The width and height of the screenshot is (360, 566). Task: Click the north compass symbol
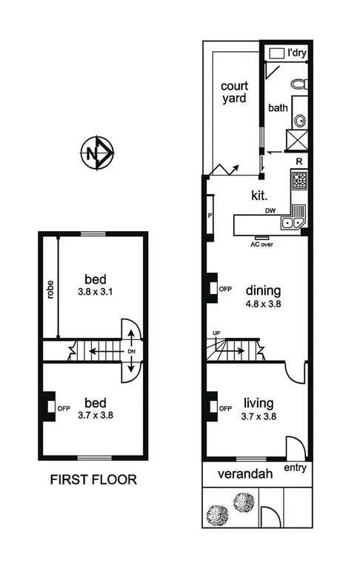[95, 154]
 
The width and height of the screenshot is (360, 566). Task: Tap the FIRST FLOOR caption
[93, 479]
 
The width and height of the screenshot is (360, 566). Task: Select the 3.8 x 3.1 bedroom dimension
[96, 291]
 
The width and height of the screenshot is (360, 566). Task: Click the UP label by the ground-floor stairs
[216, 333]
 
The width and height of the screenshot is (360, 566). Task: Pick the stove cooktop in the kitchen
[299, 181]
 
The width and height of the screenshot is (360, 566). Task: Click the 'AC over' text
[262, 243]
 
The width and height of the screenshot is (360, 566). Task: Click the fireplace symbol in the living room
[213, 407]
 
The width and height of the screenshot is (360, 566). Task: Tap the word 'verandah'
[242, 473]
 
